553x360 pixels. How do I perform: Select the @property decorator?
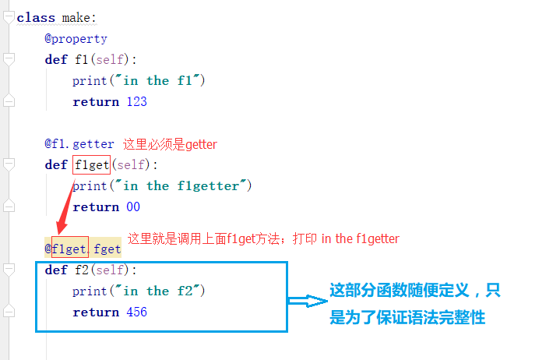click(x=76, y=38)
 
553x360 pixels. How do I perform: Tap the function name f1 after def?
click(x=81, y=59)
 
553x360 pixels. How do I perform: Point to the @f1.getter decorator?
click(x=79, y=143)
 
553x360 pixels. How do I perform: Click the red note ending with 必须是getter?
click(x=170, y=144)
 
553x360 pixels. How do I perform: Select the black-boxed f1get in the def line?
click(x=92, y=164)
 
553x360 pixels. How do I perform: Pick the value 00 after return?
click(x=132, y=206)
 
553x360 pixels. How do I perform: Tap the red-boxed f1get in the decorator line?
click(x=69, y=249)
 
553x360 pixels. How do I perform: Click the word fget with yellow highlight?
click(x=107, y=249)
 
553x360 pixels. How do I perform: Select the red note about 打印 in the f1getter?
click(x=263, y=238)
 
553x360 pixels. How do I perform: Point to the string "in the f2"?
click(x=161, y=291)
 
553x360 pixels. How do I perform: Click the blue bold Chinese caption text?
click(x=414, y=304)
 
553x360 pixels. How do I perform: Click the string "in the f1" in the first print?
click(x=161, y=80)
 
